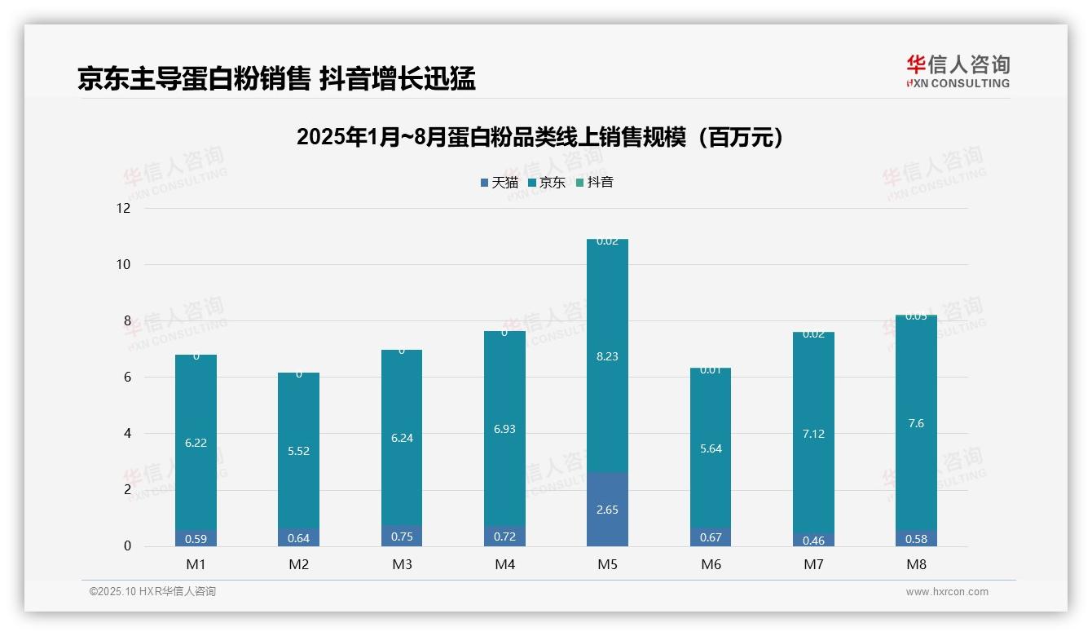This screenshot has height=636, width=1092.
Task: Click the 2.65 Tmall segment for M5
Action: tap(607, 510)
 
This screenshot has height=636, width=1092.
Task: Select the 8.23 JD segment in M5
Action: tap(607, 356)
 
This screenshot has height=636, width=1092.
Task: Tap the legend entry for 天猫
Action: tap(500, 183)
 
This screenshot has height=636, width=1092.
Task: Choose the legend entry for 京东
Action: tap(547, 183)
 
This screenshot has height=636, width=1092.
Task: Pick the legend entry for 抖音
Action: tap(595, 183)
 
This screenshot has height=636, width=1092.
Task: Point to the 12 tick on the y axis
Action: tap(124, 208)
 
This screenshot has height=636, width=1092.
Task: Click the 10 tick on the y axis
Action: tap(124, 264)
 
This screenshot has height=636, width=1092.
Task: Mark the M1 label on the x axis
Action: tap(196, 564)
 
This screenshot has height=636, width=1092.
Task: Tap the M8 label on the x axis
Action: tap(916, 564)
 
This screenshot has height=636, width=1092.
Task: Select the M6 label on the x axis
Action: tap(711, 564)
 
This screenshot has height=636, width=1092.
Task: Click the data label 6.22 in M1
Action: tap(196, 443)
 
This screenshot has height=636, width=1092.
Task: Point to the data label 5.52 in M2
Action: tap(299, 451)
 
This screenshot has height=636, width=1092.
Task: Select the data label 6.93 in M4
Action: tap(504, 429)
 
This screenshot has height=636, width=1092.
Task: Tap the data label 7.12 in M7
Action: tap(813, 434)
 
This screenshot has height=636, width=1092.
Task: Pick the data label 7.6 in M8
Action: tap(916, 423)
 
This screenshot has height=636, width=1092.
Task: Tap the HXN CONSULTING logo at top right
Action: tap(958, 72)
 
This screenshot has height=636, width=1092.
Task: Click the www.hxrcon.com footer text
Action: tap(947, 592)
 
